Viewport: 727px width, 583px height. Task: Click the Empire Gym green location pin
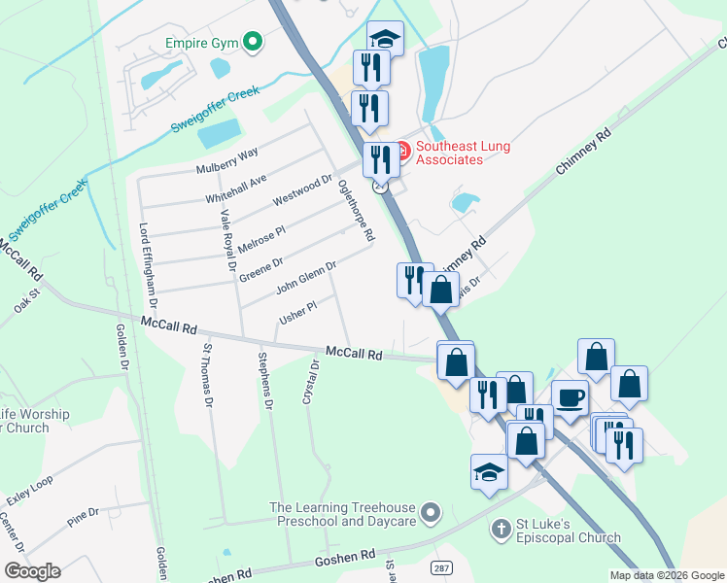253,42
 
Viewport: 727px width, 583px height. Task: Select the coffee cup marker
570,396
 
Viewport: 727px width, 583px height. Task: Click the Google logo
32,571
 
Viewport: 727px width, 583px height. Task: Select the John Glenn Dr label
306,277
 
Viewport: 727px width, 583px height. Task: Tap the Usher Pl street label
297,312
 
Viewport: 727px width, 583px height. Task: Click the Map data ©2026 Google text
666,574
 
